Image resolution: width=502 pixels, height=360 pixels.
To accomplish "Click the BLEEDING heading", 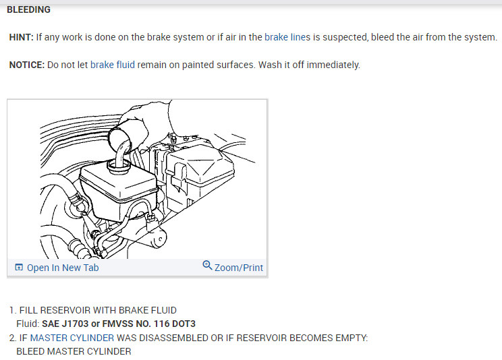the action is [x=28, y=10].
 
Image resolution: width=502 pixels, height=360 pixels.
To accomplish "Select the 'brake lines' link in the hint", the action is [x=287, y=38].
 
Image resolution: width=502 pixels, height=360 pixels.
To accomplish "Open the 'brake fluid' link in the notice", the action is [x=113, y=65].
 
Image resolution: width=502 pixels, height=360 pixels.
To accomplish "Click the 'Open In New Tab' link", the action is [x=63, y=268].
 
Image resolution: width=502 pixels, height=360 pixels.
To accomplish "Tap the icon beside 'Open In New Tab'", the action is [x=18, y=268].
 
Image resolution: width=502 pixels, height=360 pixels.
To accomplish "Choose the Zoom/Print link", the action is [x=239, y=268].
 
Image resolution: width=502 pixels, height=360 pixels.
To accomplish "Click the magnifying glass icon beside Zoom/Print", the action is [x=207, y=266].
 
